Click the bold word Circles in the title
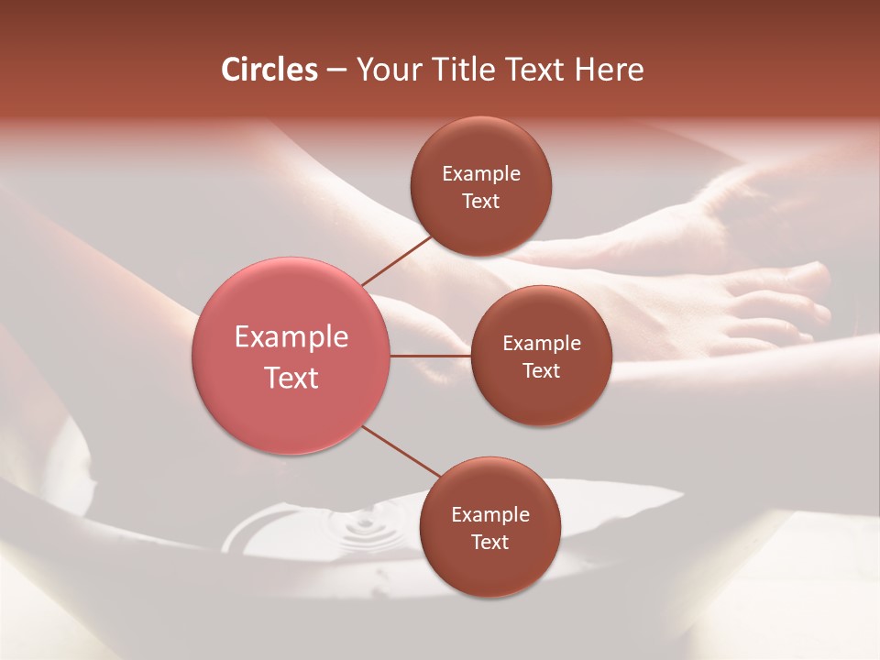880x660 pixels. [269, 70]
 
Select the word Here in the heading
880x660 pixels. [609, 70]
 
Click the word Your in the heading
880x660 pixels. [388, 70]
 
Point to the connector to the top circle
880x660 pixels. [397, 260]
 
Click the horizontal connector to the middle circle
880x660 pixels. [431, 356]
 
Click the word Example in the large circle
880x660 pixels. [291, 337]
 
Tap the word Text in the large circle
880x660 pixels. [291, 378]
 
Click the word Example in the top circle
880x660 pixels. [481, 173]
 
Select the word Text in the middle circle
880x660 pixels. [541, 370]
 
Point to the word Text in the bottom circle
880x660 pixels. [489, 542]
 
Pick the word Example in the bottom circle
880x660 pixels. [489, 514]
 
